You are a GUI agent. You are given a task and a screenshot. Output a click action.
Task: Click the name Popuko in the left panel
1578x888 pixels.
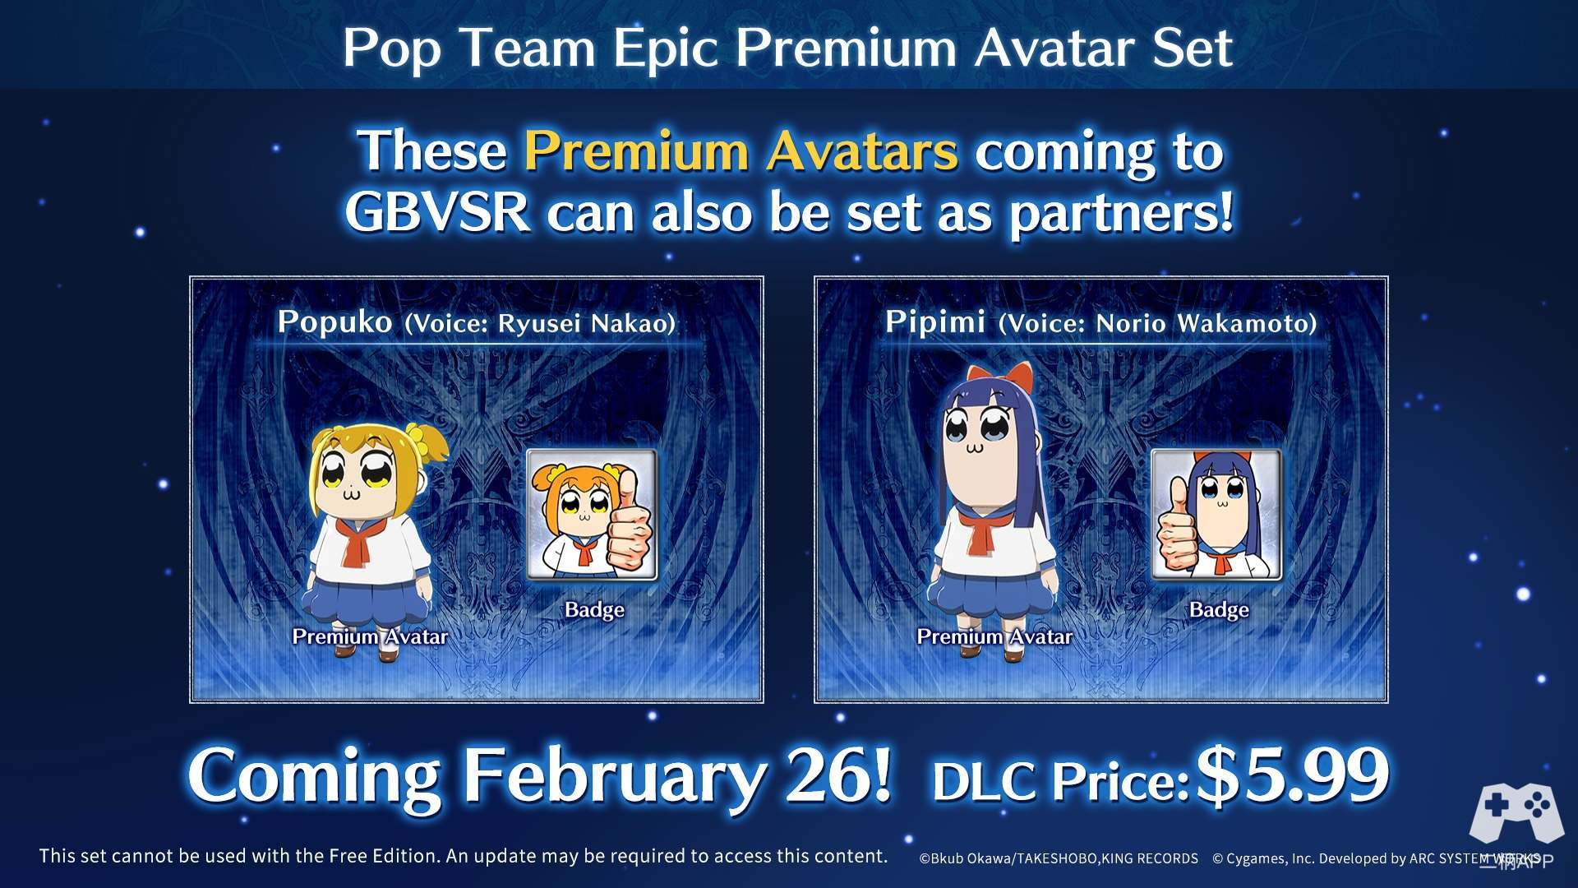point(335,321)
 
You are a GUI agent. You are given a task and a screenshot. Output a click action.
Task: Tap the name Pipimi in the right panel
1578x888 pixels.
point(934,321)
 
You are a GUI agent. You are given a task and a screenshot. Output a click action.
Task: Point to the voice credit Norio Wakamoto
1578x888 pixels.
point(1202,323)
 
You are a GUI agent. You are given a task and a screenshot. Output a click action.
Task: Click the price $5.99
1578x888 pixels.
point(1292,775)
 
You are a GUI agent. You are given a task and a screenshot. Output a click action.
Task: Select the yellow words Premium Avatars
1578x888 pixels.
point(741,151)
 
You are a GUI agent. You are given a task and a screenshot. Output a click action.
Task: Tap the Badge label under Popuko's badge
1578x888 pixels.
point(594,610)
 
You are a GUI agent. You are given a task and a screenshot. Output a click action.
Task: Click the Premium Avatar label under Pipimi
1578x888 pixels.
point(994,636)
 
